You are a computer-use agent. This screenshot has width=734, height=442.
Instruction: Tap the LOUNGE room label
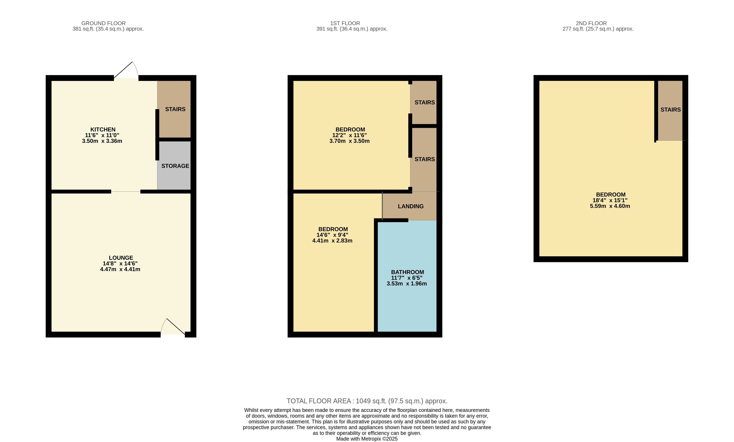(121, 258)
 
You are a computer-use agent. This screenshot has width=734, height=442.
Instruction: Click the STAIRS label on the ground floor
(175, 109)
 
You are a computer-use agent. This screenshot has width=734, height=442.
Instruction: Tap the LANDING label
(411, 206)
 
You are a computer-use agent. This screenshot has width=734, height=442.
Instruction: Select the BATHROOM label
(407, 272)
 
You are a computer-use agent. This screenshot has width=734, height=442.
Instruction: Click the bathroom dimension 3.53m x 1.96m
(407, 284)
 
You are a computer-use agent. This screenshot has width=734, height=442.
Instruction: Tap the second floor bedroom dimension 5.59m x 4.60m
(610, 206)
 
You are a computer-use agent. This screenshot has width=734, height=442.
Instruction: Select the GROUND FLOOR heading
(104, 23)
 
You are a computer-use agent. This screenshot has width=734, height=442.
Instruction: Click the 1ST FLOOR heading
(345, 23)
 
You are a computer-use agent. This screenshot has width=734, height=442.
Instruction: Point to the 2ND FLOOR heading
(591, 23)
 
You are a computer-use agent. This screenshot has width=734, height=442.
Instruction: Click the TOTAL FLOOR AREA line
(367, 401)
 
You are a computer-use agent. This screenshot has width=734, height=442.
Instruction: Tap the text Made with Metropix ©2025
(367, 439)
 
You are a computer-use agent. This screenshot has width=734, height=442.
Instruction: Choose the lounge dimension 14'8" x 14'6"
(120, 264)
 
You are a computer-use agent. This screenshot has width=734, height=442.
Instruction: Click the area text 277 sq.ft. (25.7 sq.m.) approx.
(598, 29)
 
